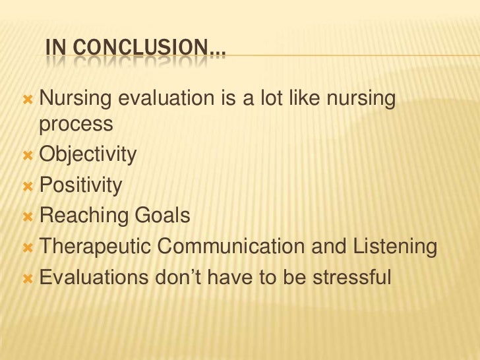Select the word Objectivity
pos(88,156)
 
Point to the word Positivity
pos(81,186)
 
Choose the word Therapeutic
pos(96,247)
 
